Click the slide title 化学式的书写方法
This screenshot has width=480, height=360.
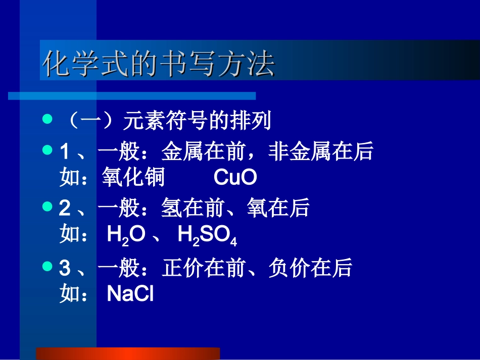159,64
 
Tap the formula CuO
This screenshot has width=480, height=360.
235,178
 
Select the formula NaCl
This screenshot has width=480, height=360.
130,294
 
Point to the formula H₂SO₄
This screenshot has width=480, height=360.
207,235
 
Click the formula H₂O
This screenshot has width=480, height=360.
126,235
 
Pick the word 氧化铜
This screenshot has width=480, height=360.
133,178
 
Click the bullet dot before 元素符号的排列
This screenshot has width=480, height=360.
47,120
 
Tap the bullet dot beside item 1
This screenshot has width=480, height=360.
47,150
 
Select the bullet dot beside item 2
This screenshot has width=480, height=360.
47,207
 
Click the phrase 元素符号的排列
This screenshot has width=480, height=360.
198,121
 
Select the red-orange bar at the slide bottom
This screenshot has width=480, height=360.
128,353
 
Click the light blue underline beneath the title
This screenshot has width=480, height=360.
132,95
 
